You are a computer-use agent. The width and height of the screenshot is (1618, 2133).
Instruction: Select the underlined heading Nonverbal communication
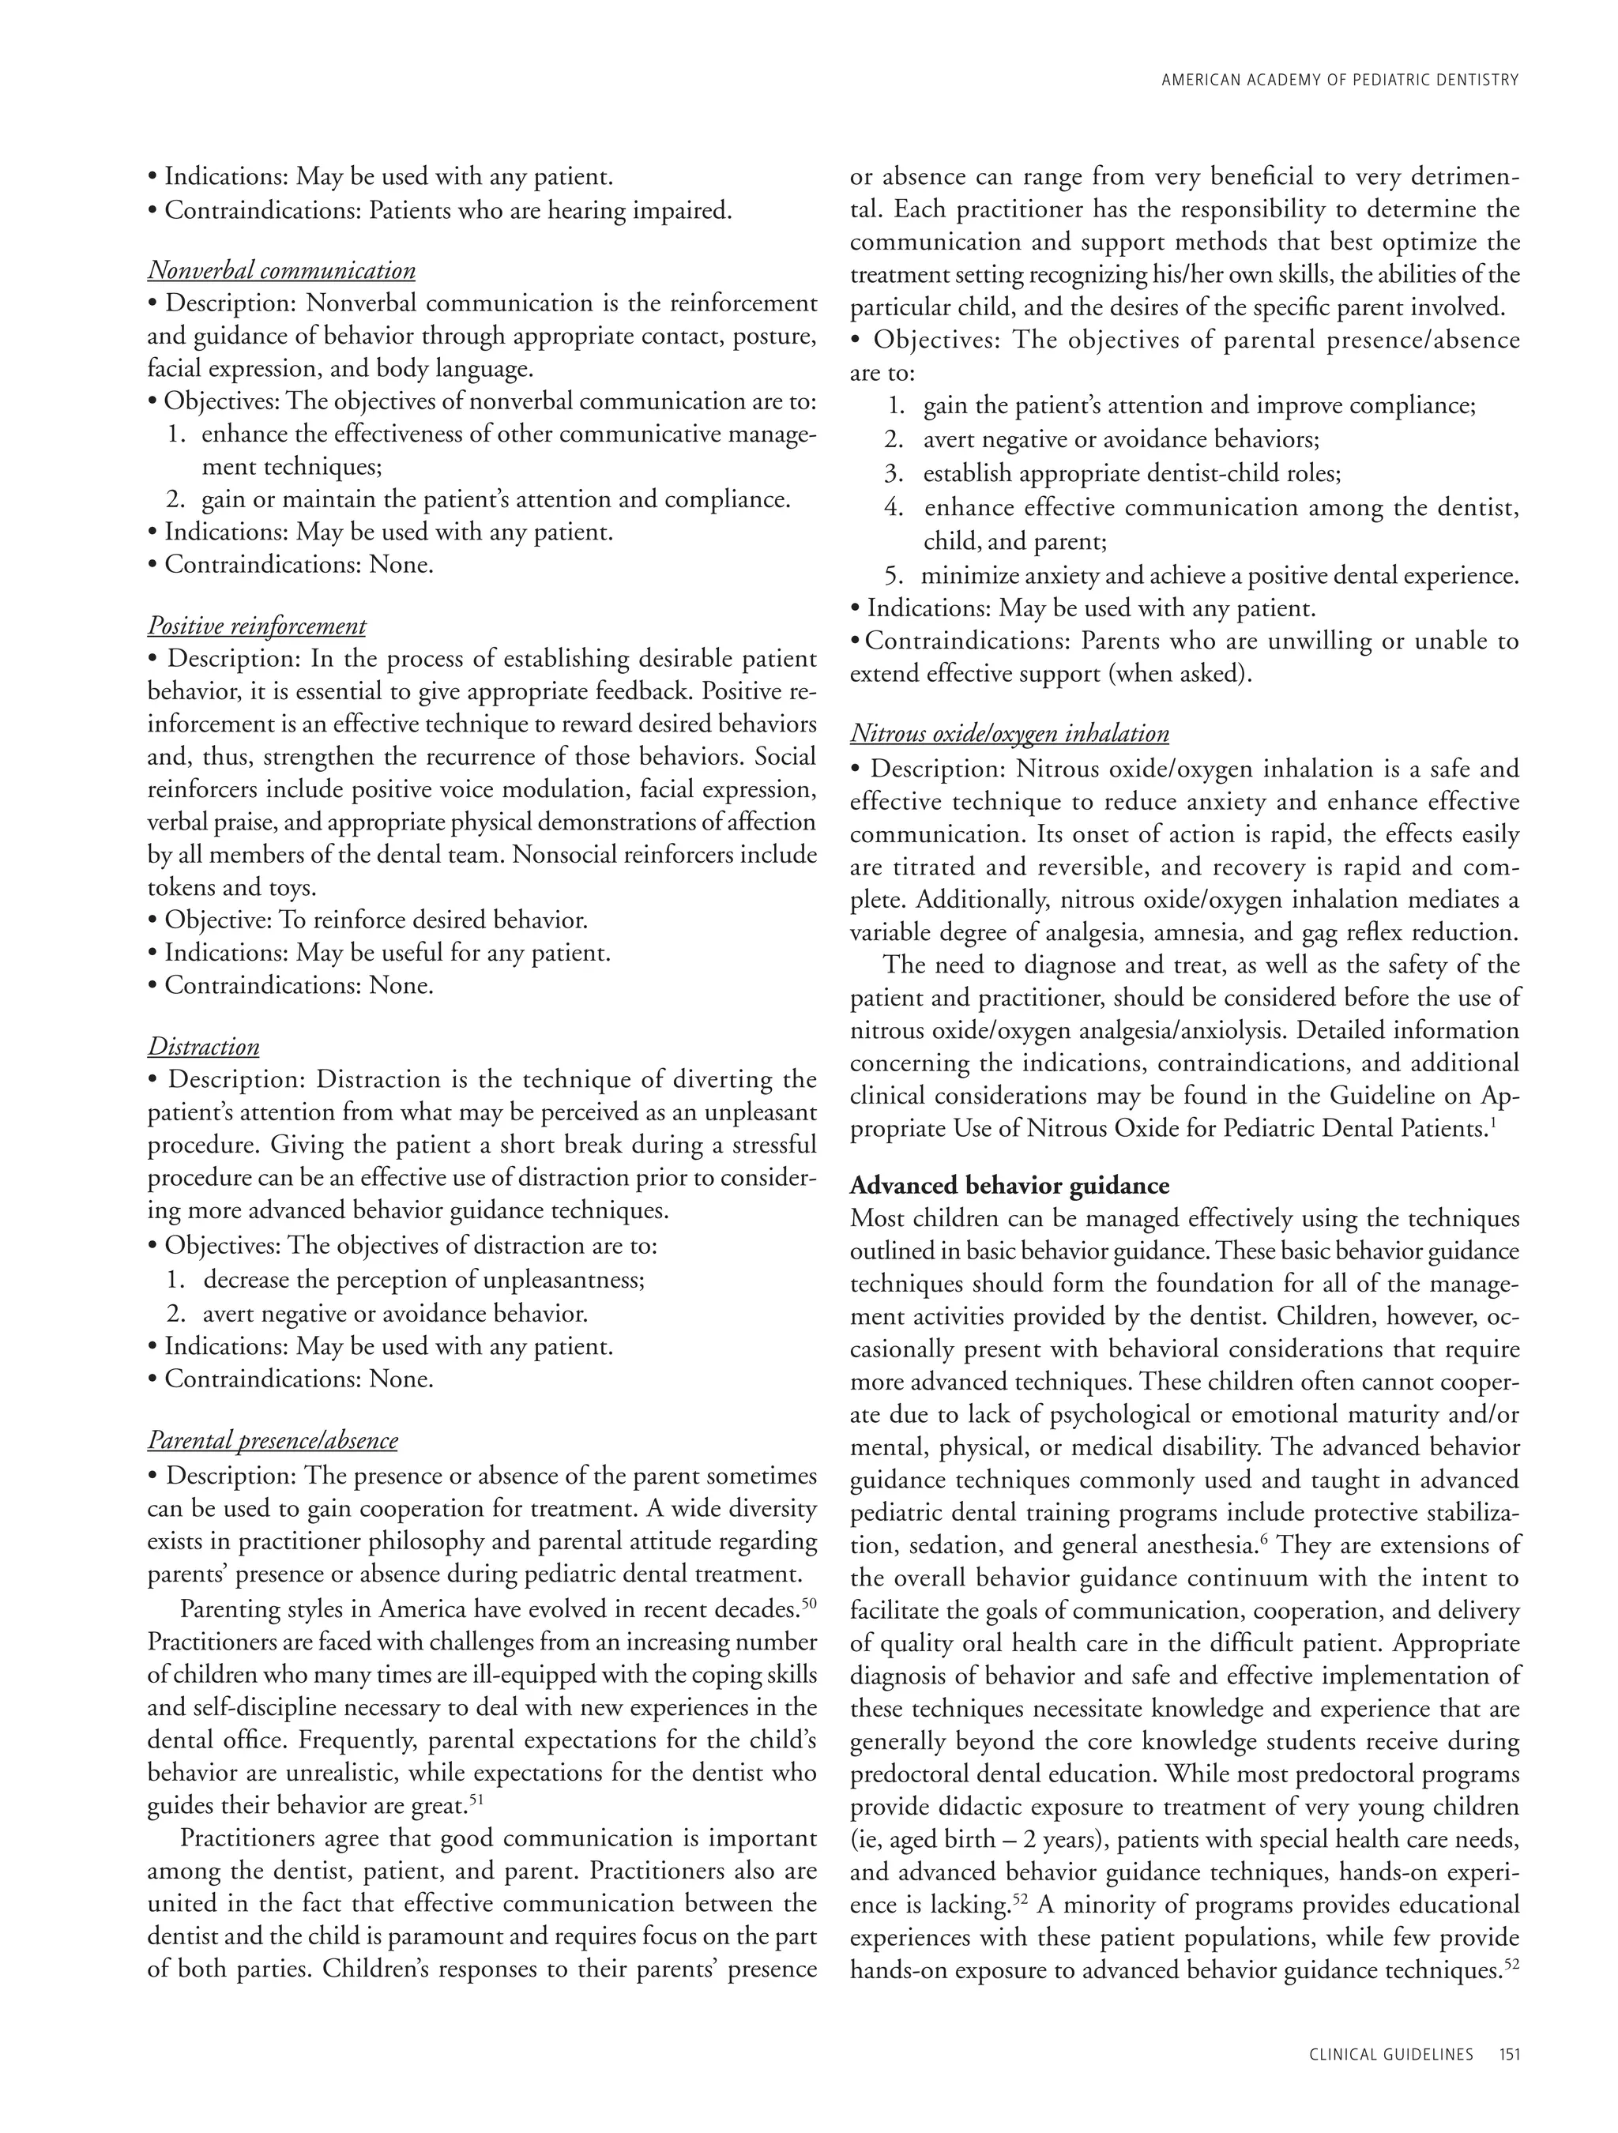point(281,271)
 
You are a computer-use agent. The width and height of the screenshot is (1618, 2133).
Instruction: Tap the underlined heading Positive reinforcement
point(257,626)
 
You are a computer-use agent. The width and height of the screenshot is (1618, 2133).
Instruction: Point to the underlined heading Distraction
point(204,1048)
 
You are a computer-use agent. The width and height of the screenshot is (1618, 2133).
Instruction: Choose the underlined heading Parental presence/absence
point(272,1441)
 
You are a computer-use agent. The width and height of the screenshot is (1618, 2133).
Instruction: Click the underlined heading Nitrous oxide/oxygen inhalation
point(1010,734)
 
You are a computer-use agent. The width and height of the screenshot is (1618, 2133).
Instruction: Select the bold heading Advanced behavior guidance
point(1010,1186)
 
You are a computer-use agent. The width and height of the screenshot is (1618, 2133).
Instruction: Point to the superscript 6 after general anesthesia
point(1263,1539)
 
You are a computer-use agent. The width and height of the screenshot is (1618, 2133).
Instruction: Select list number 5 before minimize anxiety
point(894,577)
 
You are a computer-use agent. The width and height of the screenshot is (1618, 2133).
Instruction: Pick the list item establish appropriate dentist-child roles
point(1132,473)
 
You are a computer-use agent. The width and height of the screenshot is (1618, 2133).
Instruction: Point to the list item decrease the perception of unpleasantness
point(423,1281)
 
